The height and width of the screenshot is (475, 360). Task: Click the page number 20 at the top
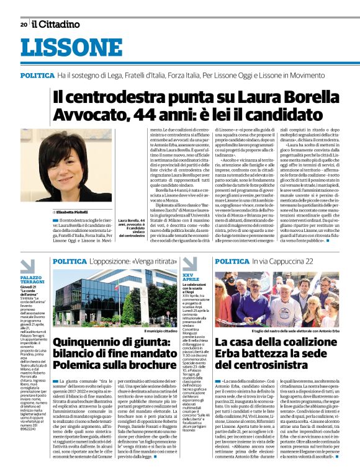pyautogui.click(x=24, y=24)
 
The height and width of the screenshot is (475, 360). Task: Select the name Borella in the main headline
pyautogui.click(x=307, y=97)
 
